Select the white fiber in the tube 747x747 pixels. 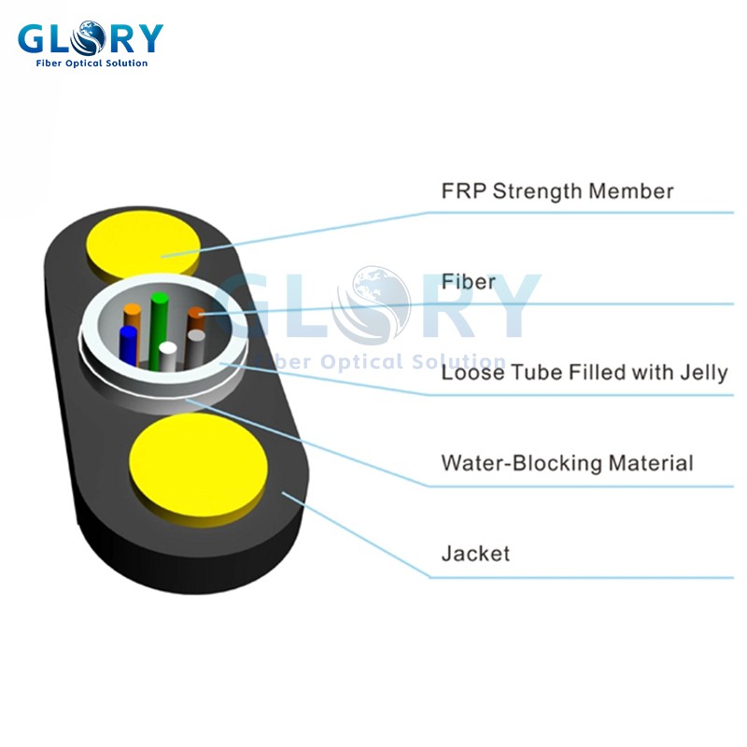pyautogui.click(x=167, y=354)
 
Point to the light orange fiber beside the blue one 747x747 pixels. pyautogui.click(x=133, y=317)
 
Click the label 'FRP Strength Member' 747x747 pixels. pyautogui.click(x=557, y=191)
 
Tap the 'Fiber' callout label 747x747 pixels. pyautogui.click(x=468, y=281)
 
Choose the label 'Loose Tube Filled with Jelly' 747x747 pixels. pyautogui.click(x=584, y=373)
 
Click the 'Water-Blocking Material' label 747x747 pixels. pyautogui.click(x=567, y=462)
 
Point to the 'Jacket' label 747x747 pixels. pyautogui.click(x=475, y=553)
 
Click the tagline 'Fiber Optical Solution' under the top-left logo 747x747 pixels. pyautogui.click(x=92, y=63)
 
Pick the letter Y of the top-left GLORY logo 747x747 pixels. pyautogui.click(x=148, y=38)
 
